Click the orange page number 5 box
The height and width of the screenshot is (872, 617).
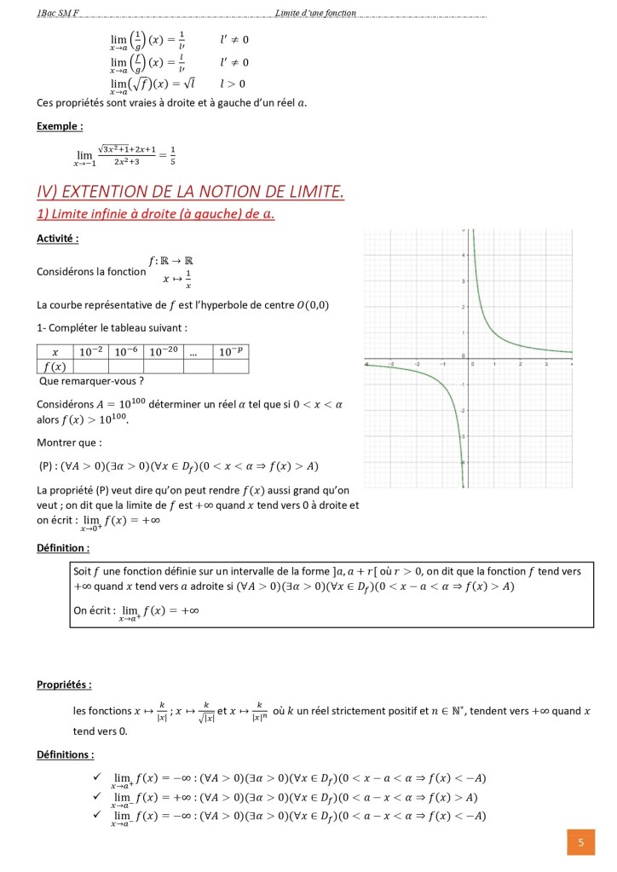[580, 843]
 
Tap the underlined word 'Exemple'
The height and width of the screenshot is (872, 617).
[59, 126]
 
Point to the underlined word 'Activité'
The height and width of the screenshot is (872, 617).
[57, 239]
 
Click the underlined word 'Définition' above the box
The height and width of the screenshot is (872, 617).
[62, 547]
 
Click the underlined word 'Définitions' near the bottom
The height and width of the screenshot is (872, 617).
[65, 754]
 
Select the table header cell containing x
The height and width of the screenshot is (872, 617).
[55, 351]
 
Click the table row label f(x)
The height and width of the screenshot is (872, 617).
[55, 367]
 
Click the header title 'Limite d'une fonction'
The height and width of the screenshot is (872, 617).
[315, 13]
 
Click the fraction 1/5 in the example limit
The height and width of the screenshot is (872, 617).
[173, 154]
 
